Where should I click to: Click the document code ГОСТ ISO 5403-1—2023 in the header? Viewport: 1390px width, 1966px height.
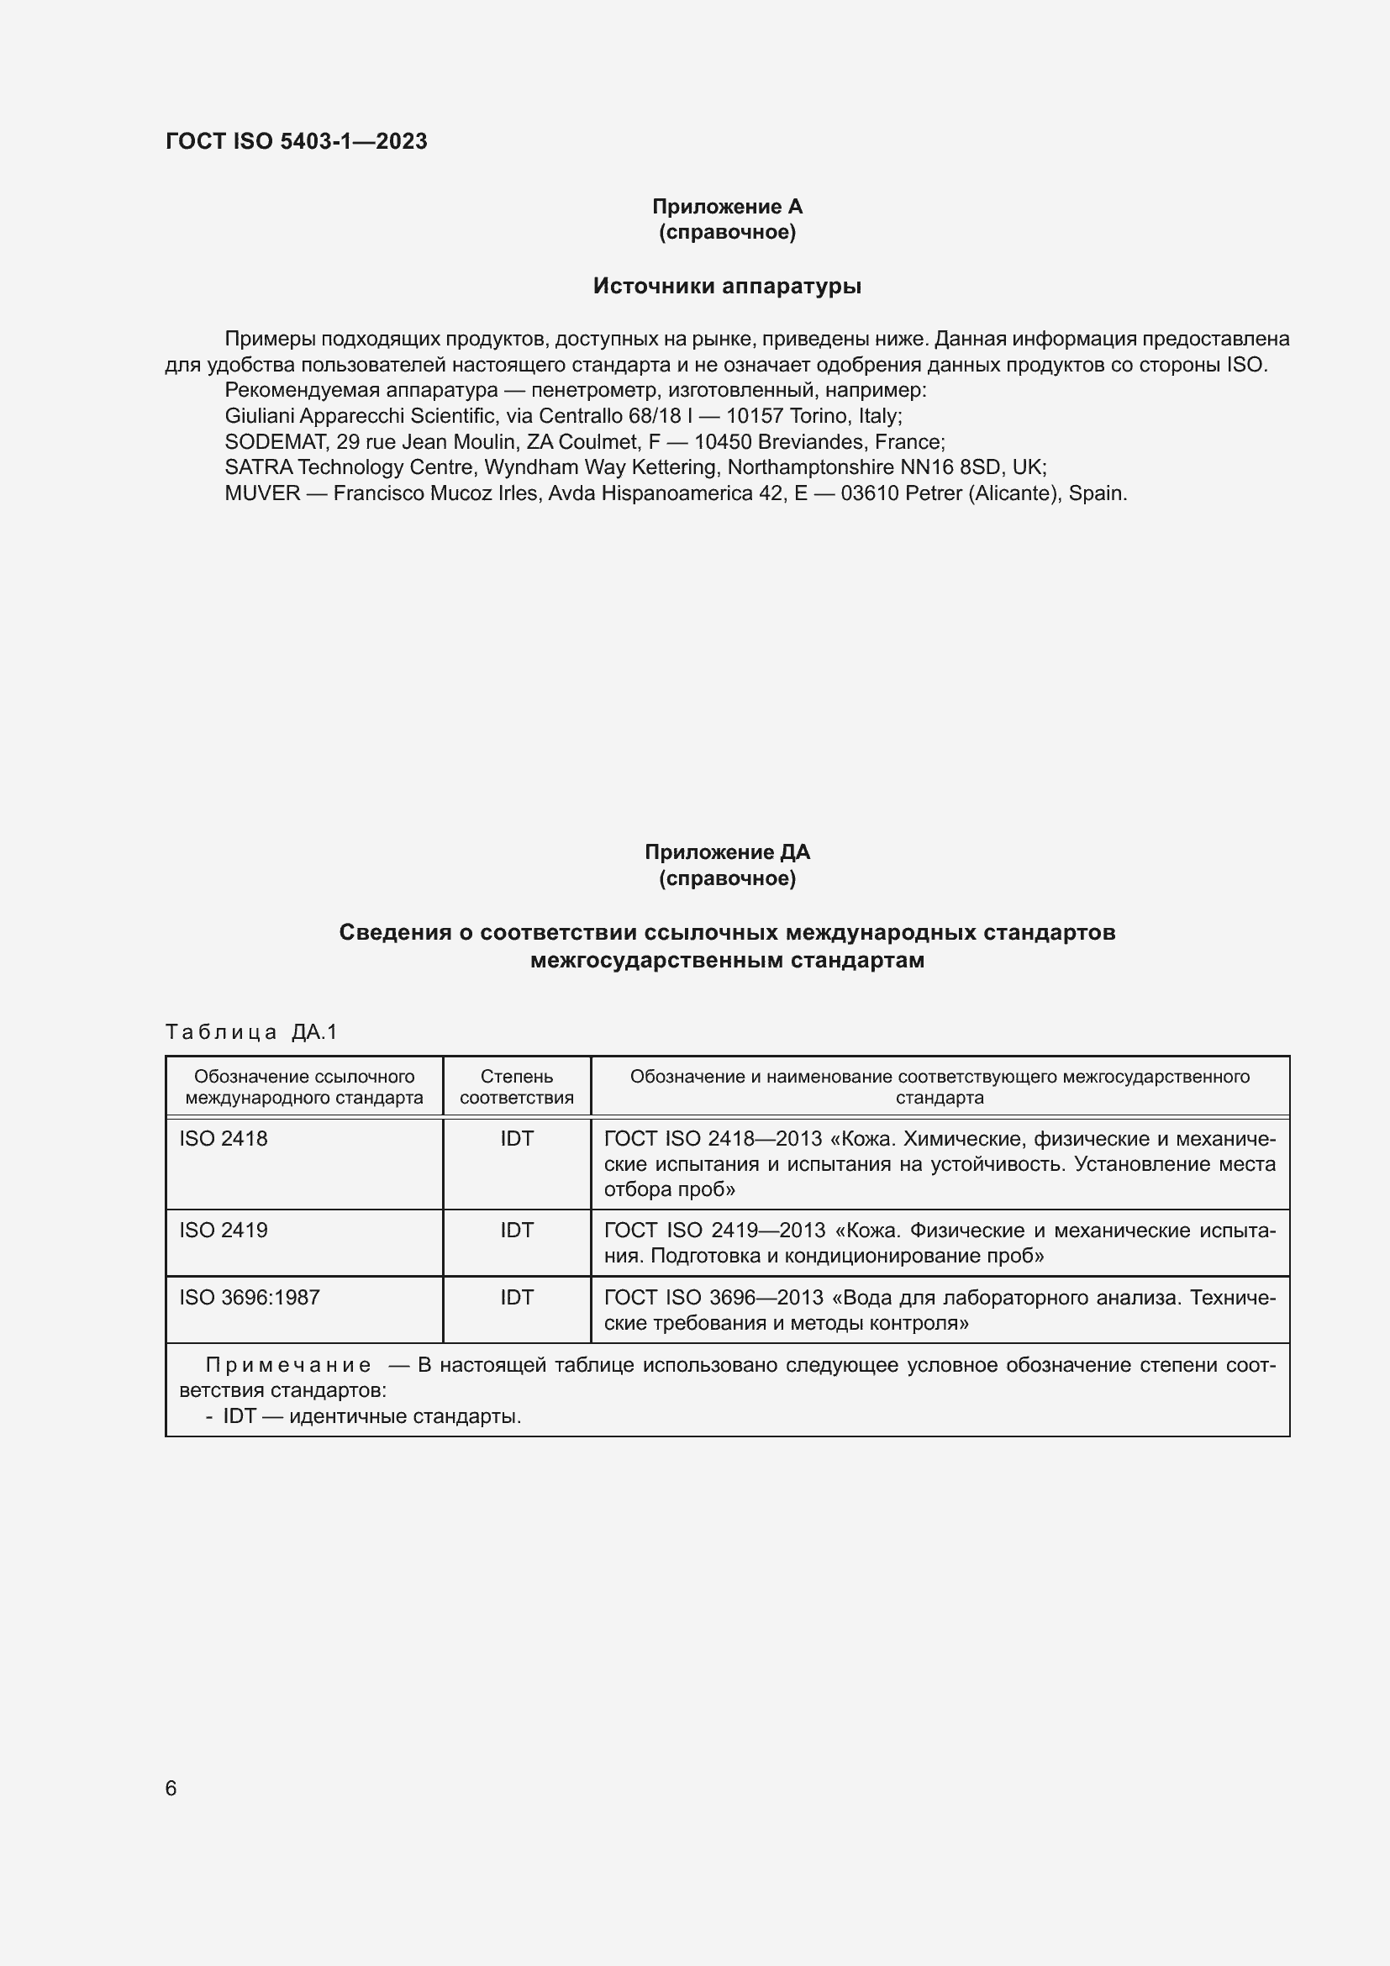[296, 141]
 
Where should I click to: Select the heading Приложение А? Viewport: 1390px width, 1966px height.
[727, 207]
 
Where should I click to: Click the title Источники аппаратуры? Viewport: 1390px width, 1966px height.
[727, 286]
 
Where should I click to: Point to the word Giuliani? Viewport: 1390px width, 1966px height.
[259, 416]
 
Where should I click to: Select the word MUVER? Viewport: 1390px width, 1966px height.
[262, 493]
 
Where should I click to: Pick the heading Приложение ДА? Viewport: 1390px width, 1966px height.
[727, 852]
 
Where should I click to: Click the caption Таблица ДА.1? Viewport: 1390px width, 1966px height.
[251, 1032]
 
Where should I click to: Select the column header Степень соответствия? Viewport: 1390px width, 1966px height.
[516, 1087]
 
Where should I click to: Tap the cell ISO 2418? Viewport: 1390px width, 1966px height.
[224, 1139]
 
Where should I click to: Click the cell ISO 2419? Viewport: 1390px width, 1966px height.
[224, 1231]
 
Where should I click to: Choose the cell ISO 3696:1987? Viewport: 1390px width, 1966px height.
[249, 1297]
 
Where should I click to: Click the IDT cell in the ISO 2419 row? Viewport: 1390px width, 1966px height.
[516, 1231]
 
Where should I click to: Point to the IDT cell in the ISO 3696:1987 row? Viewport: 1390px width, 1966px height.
[516, 1297]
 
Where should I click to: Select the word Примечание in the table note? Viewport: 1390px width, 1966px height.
[287, 1365]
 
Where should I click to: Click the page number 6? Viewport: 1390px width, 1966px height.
[171, 1788]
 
